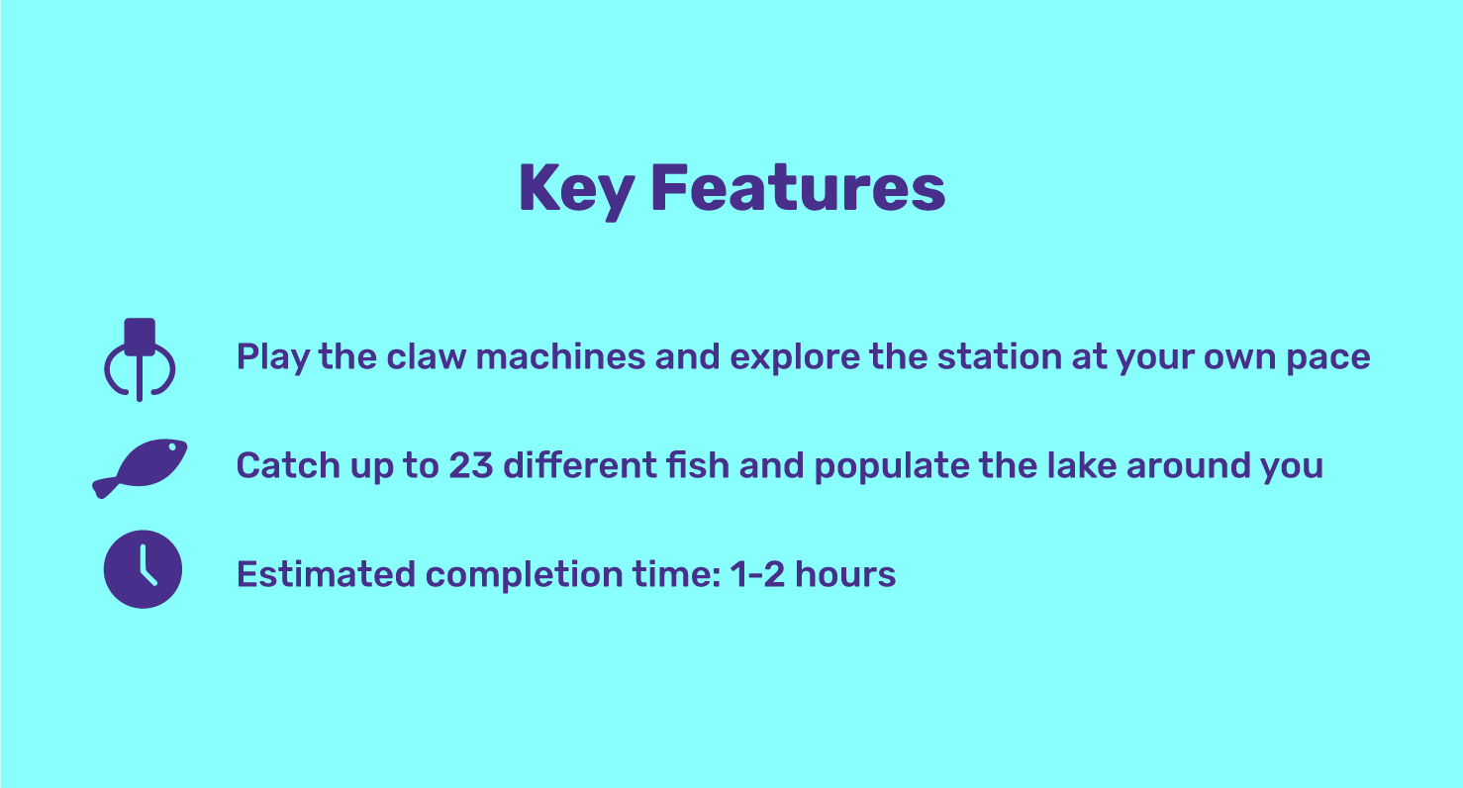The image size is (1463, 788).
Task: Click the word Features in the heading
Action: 799,188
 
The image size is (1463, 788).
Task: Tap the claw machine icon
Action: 140,359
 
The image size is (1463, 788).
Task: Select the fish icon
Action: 140,468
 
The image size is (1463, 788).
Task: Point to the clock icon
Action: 143,569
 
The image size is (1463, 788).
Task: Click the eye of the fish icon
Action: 172,447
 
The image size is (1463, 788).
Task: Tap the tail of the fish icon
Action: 106,487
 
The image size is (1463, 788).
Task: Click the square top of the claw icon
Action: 140,337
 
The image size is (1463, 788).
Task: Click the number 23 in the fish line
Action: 471,465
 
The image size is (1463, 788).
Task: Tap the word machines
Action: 560,356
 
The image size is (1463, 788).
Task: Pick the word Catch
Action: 288,465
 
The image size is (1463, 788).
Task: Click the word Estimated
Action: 326,574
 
